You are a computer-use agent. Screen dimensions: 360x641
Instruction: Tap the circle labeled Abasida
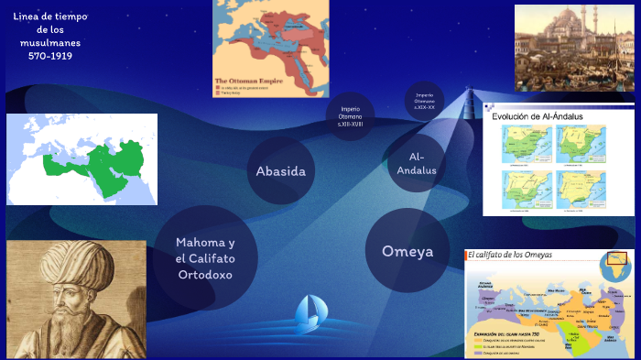point(280,170)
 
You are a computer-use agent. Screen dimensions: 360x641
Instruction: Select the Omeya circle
point(407,251)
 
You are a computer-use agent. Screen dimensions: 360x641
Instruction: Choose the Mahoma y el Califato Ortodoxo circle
point(206,257)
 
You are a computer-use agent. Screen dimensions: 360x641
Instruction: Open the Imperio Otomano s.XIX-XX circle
point(424,101)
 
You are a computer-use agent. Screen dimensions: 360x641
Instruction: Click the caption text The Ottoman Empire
point(247,82)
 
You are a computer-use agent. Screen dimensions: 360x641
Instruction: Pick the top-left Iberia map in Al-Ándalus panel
point(526,144)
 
